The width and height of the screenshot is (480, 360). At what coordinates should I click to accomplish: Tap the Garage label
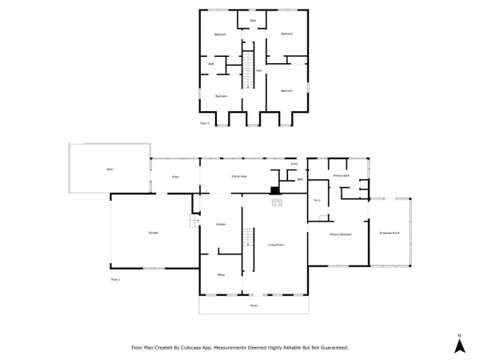tap(153, 233)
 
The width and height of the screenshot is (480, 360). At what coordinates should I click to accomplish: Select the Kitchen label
tap(220, 225)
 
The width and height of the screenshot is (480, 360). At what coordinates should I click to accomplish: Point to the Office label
tap(220, 275)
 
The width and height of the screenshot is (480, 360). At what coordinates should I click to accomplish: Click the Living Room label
tap(276, 244)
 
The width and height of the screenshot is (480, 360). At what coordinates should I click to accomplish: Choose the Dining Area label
tap(238, 175)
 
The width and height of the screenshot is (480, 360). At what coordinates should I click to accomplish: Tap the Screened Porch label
tap(390, 233)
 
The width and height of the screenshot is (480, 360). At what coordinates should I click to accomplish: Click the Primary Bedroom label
tap(341, 234)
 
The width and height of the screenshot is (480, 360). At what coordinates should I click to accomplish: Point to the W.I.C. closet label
tap(318, 201)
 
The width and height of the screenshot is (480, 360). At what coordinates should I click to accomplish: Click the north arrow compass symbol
tap(459, 345)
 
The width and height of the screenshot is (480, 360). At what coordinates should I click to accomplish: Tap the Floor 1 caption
tap(115, 279)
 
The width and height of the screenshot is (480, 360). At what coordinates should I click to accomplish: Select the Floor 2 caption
tap(205, 123)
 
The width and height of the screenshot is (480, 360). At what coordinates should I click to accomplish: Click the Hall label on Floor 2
tap(258, 70)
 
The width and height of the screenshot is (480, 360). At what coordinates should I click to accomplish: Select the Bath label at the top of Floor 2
tap(253, 20)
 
